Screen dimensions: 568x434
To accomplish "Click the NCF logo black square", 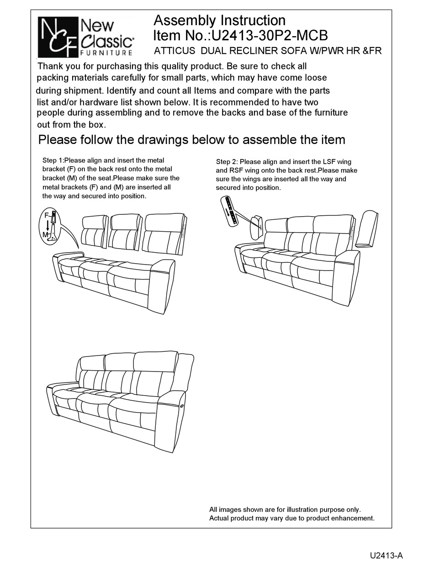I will [x=57, y=37].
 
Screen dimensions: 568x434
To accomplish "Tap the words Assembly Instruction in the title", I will [x=219, y=20].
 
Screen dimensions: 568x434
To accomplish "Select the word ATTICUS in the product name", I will [x=176, y=51].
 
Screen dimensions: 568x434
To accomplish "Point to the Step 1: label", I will [x=53, y=160].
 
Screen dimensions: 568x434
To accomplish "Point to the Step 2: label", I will [x=227, y=162].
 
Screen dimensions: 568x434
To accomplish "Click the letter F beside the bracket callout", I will [x=46, y=214].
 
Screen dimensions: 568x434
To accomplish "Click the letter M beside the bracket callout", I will [x=45, y=234].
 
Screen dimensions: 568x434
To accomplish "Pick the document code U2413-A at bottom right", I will [x=386, y=556].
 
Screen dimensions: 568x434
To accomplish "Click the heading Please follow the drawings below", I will [x=191, y=139].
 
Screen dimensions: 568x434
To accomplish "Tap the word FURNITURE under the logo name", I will [x=107, y=53].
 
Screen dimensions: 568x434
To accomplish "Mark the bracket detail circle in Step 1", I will [x=52, y=225].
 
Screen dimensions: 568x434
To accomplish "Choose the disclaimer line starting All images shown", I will [x=285, y=509].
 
